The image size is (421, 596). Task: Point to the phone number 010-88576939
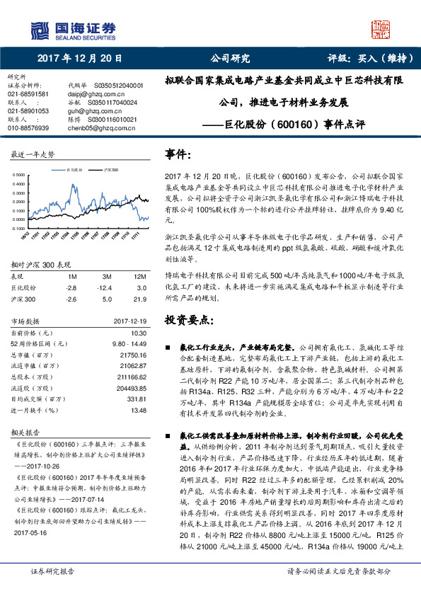pyautogui.click(x=28, y=128)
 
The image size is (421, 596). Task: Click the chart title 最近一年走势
pyautogui.click(x=33, y=154)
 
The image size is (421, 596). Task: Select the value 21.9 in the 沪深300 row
pyautogui.click(x=140, y=299)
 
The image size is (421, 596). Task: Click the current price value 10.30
pyautogui.click(x=138, y=333)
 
